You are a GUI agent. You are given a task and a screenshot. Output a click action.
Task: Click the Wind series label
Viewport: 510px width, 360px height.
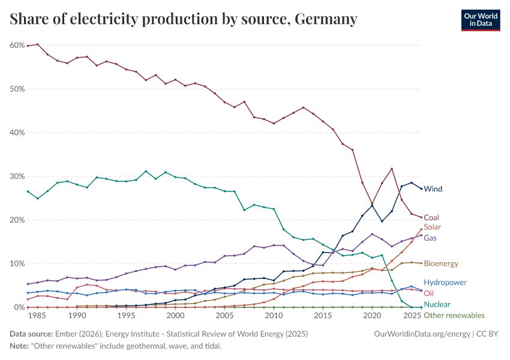pos(433,189)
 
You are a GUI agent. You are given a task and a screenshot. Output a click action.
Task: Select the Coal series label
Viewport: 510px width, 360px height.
pos(431,218)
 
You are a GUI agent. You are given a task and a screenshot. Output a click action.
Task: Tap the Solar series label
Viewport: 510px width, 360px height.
pos(433,227)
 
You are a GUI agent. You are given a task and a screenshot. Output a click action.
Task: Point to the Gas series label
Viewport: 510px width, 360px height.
pos(430,238)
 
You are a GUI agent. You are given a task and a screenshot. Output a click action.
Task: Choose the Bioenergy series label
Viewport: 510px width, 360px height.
pos(441,263)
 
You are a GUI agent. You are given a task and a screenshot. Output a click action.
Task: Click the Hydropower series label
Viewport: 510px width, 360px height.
pos(445,283)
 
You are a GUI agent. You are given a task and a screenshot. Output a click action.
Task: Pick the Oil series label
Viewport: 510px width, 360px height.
pos(428,293)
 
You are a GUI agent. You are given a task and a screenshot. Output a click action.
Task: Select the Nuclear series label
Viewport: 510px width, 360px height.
pos(437,305)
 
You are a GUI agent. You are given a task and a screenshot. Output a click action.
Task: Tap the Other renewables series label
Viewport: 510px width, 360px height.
pos(454,316)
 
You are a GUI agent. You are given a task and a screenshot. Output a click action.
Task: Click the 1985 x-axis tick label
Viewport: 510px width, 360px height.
pos(38,316)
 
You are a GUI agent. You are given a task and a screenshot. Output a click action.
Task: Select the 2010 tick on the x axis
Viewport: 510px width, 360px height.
pos(274,316)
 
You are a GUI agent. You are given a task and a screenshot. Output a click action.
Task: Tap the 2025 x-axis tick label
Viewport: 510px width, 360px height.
pos(412,316)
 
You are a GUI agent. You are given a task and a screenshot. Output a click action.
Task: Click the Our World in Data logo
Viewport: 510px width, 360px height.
pos(480,19)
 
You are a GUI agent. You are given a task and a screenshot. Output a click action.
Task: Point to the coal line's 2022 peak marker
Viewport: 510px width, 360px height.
pos(392,169)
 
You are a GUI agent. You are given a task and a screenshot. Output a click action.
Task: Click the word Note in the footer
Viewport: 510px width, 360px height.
pos(20,346)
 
